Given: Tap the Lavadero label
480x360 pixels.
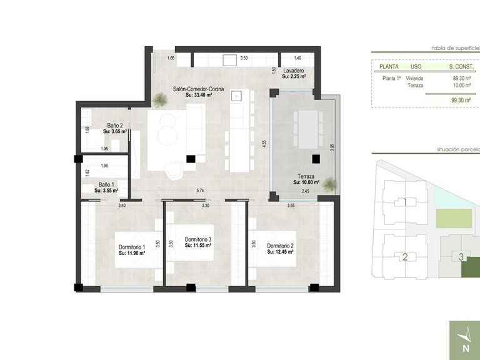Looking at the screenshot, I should click(x=293, y=71).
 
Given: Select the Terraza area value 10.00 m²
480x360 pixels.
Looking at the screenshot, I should click(x=306, y=182).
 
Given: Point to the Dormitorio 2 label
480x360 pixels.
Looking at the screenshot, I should click(x=280, y=246).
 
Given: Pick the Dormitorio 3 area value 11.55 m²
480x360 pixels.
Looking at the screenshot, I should click(x=198, y=247).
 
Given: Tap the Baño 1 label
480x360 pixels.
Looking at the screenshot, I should click(x=106, y=184).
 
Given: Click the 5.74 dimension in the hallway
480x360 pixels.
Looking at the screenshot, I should click(x=200, y=190).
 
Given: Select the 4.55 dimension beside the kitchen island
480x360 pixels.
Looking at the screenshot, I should click(x=265, y=143).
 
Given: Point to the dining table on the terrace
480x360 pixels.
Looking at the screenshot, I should click(x=308, y=129).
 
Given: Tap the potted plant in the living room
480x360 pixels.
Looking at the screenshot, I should click(x=162, y=99).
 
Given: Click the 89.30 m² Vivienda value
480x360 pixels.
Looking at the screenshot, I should click(x=462, y=78).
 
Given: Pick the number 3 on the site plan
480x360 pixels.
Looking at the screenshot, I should click(x=461, y=256).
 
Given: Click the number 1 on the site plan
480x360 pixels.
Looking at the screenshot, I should click(x=405, y=202).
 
